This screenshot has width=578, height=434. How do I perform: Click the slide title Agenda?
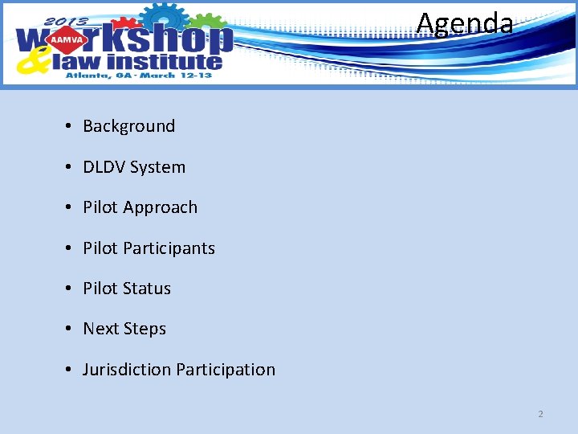point(464,23)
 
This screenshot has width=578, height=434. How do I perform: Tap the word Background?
point(128,126)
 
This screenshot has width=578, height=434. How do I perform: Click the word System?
point(157,167)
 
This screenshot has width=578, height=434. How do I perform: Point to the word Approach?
point(160,207)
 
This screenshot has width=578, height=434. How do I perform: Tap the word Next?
point(100,329)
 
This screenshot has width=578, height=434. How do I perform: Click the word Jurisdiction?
point(127,370)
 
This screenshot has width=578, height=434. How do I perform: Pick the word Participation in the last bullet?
point(226,370)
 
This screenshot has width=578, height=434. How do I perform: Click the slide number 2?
point(540,414)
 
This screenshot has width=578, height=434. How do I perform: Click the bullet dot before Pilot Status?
point(71,289)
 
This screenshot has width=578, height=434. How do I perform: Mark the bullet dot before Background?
point(71,126)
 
